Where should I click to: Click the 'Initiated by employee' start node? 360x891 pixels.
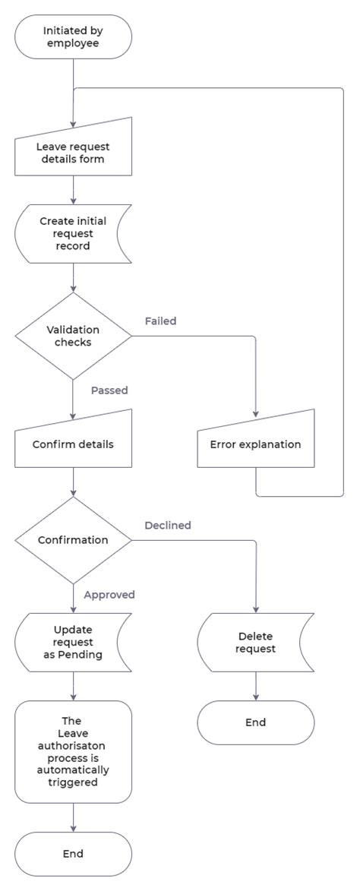(73, 37)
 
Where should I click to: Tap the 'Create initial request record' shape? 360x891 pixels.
(73, 234)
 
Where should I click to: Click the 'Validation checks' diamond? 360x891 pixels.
(73, 336)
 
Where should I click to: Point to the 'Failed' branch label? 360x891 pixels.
(160, 321)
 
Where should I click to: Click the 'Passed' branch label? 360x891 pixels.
(109, 390)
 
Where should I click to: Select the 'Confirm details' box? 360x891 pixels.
(73, 444)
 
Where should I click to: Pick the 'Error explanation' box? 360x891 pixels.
(255, 444)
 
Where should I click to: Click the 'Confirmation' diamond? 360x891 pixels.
(73, 540)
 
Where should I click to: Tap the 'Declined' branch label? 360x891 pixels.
(168, 525)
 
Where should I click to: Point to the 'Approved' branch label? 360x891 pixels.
(109, 595)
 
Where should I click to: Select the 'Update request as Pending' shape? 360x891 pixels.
(73, 642)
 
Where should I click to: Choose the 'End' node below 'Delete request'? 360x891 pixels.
(255, 722)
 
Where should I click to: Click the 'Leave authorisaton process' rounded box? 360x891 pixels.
(73, 751)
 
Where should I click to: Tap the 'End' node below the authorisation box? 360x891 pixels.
(73, 854)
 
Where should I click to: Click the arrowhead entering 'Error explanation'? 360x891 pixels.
(255, 415)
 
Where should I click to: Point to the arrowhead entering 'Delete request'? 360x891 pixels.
(255, 609)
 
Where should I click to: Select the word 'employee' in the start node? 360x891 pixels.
(73, 44)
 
